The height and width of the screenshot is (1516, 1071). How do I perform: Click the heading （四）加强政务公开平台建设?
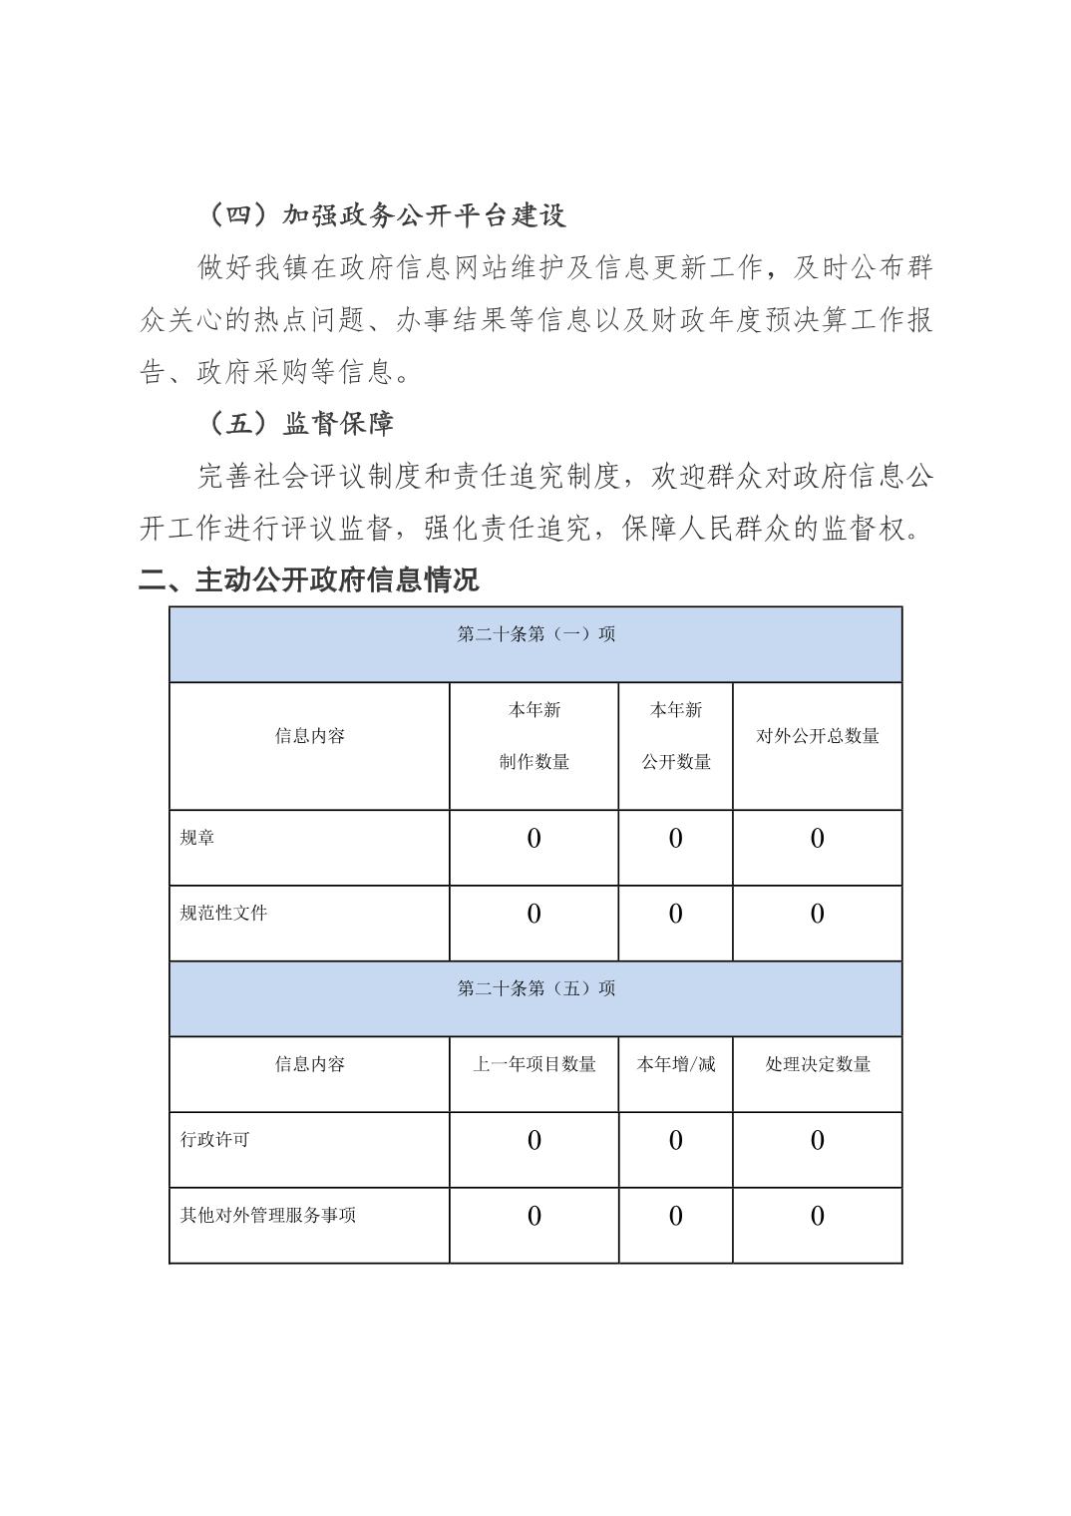(x=383, y=215)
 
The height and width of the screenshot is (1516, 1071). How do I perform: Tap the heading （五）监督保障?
(x=297, y=423)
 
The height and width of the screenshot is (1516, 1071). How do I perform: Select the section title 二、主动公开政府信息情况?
(x=308, y=579)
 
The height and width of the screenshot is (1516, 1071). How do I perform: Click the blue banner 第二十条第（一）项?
(x=535, y=634)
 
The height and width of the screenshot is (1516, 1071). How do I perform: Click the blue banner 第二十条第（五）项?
(x=535, y=988)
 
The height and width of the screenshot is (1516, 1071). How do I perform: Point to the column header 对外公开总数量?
(x=817, y=736)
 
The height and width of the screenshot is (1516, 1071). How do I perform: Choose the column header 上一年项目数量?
(x=534, y=1064)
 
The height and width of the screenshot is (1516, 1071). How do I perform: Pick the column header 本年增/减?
(x=675, y=1064)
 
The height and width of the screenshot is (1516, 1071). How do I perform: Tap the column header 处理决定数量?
(x=817, y=1064)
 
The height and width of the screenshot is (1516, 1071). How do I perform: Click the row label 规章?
(x=197, y=838)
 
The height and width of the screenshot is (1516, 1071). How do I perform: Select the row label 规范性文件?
(x=223, y=913)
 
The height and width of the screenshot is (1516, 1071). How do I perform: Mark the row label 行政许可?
(x=214, y=1139)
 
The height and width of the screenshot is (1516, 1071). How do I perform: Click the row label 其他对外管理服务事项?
(x=267, y=1215)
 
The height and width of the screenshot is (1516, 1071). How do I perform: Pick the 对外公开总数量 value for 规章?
(x=817, y=839)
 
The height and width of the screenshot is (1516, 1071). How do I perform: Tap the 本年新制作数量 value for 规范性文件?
(x=534, y=914)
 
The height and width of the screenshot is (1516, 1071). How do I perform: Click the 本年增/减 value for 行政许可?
(x=675, y=1140)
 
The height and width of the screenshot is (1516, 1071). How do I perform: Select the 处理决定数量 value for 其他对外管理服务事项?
(x=817, y=1216)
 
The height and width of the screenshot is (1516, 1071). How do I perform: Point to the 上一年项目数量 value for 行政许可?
(x=534, y=1140)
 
